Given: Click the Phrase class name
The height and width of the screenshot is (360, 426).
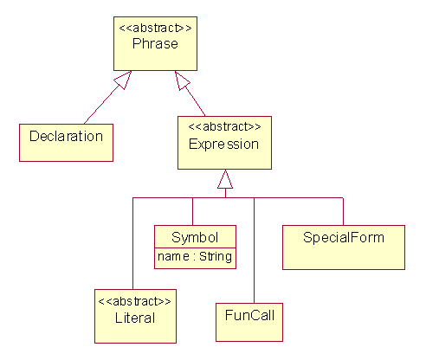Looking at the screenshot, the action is (x=155, y=44).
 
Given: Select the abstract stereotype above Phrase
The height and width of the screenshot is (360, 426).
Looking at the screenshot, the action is (x=155, y=28).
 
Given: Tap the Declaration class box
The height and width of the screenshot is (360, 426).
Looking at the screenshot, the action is (x=66, y=143).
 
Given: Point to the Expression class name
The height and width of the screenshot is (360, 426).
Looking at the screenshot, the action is (x=223, y=145).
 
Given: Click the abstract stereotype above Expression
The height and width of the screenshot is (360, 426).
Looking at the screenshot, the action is (x=224, y=126).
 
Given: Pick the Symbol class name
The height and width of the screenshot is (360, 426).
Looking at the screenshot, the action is (x=195, y=237).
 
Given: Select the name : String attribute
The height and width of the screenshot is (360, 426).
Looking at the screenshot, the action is (x=195, y=256).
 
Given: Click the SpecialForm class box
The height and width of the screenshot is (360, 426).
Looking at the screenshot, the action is (x=344, y=247).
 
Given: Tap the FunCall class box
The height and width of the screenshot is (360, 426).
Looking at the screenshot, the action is (x=249, y=322).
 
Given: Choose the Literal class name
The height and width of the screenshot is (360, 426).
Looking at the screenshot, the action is (x=135, y=318).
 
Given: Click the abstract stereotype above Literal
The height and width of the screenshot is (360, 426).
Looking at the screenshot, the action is (x=134, y=301).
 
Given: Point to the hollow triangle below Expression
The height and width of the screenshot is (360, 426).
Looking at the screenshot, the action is (x=225, y=179).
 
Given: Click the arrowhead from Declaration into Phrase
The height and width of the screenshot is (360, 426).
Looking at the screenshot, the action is (x=123, y=80).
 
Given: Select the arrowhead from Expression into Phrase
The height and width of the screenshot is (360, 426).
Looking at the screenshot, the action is (x=182, y=80).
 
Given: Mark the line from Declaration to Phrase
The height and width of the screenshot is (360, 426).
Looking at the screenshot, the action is (x=102, y=105).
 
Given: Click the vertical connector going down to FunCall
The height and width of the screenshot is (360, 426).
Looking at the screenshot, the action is (x=254, y=250).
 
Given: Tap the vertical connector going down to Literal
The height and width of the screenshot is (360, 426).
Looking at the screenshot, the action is (x=132, y=243).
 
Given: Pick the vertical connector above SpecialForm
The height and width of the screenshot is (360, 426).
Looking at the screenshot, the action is (x=343, y=211).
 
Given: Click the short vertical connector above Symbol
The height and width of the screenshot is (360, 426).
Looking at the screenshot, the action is (x=192, y=211).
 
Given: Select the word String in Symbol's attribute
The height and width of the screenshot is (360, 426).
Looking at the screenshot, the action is (x=216, y=256).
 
